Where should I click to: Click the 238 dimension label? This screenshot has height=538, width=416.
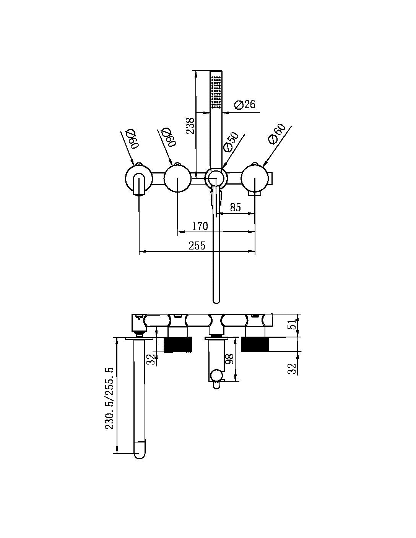(190, 126)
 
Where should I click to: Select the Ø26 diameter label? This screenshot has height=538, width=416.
(245, 104)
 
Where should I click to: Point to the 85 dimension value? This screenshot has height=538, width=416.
(235, 207)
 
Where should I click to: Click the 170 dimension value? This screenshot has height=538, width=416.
(200, 226)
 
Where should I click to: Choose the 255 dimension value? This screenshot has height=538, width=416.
(197, 246)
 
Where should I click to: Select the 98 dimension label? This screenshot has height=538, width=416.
(229, 359)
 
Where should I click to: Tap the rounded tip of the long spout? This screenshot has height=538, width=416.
(140, 454)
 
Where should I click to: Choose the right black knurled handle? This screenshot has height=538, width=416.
(255, 344)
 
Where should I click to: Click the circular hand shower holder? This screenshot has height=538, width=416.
(216, 178)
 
